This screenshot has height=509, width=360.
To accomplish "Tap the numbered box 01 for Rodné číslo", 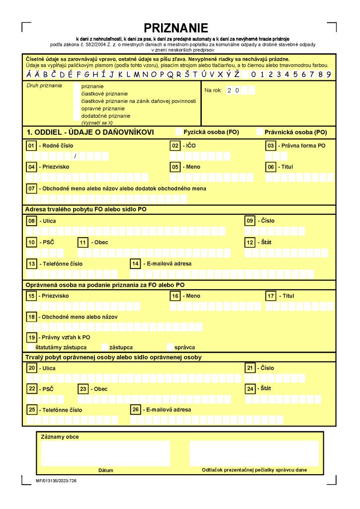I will tap(32, 146).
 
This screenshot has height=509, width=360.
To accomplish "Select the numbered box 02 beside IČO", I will tap(175, 146).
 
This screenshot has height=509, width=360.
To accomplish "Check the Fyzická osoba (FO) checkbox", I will tap(179, 132).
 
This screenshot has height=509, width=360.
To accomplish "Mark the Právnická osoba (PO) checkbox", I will tap(260, 132).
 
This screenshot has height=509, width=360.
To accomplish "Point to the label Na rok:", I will tap(213, 90).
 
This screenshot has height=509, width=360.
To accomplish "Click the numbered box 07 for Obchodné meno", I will tap(32, 188).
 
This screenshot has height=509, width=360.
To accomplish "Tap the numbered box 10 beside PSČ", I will tap(32, 242).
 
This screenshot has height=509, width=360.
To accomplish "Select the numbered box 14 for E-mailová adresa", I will tap(135, 263).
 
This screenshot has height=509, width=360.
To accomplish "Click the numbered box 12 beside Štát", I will tap(250, 242).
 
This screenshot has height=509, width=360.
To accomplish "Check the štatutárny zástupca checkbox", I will tap(31, 347).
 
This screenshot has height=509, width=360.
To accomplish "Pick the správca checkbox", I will tap(171, 347).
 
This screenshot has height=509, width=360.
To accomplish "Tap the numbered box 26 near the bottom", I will tap(135, 410).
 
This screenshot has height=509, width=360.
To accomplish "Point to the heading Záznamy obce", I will tap(60, 437).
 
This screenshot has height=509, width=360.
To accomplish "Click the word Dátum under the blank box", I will tap(105, 470).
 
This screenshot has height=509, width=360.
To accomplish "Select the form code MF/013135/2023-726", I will tap(56, 481).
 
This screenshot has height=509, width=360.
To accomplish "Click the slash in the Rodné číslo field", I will tap(74, 157).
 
